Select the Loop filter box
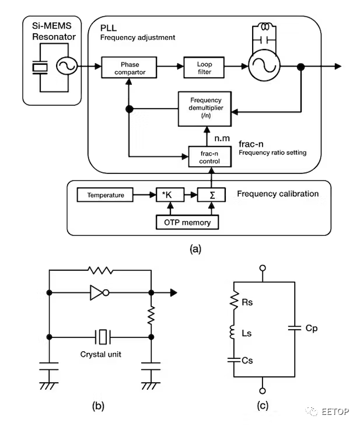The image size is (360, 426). pos(204,68)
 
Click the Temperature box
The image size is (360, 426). pos(105,195)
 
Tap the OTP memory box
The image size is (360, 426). pos(187,222)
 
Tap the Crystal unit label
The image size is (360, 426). pos(104,354)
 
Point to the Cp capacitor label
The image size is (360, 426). pos(311,329)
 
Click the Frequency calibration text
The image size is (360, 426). pos(278,194)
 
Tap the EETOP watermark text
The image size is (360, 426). pos(336,412)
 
